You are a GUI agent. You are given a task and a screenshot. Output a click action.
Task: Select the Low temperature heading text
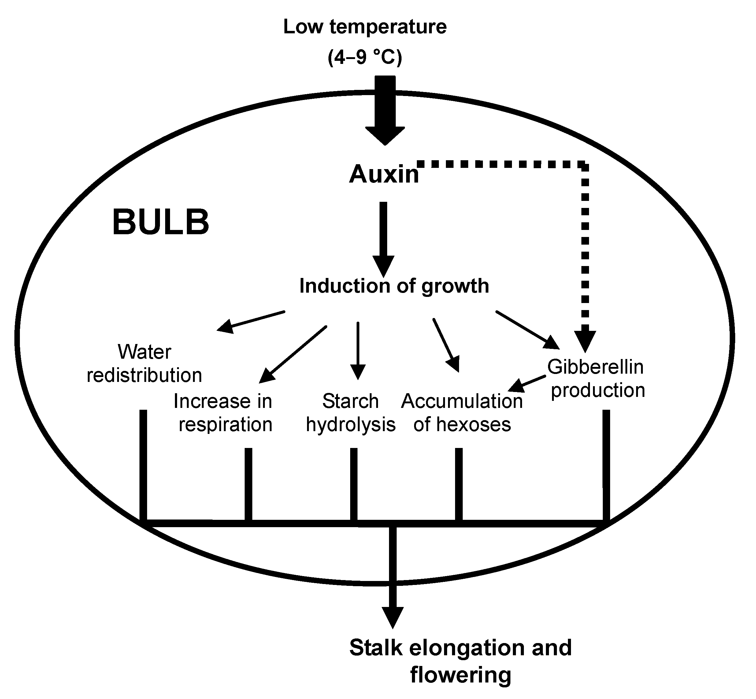click(365, 27)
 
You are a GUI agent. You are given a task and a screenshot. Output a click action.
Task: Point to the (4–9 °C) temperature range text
click(365, 57)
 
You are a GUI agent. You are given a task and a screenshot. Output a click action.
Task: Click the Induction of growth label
click(394, 286)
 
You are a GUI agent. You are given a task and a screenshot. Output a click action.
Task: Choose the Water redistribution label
click(145, 364)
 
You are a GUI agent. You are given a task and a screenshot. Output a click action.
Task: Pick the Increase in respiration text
click(223, 413)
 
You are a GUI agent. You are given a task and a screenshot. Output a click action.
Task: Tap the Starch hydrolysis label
click(351, 413)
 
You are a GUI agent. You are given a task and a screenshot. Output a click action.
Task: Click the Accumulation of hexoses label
click(462, 413)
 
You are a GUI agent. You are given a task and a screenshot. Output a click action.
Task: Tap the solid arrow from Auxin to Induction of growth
click(383, 238)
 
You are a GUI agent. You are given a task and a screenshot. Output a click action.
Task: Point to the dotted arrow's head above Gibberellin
click(585, 340)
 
